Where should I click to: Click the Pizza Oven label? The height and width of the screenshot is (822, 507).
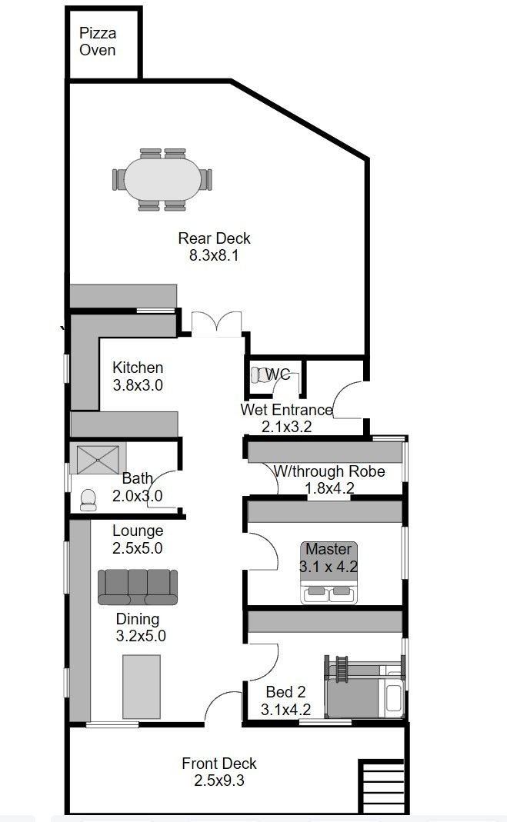point(98,42)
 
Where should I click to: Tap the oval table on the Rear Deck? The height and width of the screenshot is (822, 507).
point(162,178)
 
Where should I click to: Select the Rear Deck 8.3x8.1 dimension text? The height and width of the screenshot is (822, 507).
point(214,255)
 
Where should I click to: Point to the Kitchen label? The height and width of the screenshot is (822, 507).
point(138,368)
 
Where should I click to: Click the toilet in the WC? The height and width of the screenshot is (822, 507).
point(259,374)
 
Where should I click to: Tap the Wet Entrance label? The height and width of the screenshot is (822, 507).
point(286,409)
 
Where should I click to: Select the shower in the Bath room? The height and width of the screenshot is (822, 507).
point(98,460)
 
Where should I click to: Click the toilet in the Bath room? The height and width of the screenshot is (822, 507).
point(88,500)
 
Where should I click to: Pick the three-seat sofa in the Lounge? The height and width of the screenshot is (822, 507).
point(138,587)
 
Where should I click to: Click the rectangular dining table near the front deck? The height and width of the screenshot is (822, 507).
point(142,686)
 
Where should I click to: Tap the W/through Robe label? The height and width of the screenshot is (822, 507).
point(330,471)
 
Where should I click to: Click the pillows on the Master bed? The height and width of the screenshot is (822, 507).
point(329,591)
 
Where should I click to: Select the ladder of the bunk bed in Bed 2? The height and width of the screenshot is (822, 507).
point(342,669)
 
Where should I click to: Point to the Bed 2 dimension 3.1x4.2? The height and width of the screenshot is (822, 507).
point(285,710)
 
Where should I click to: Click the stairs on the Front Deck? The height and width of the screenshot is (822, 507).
point(381,786)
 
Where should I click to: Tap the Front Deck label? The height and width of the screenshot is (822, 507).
point(219,764)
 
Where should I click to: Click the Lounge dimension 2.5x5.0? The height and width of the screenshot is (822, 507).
point(138,547)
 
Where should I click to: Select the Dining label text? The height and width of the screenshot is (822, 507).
point(138,618)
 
